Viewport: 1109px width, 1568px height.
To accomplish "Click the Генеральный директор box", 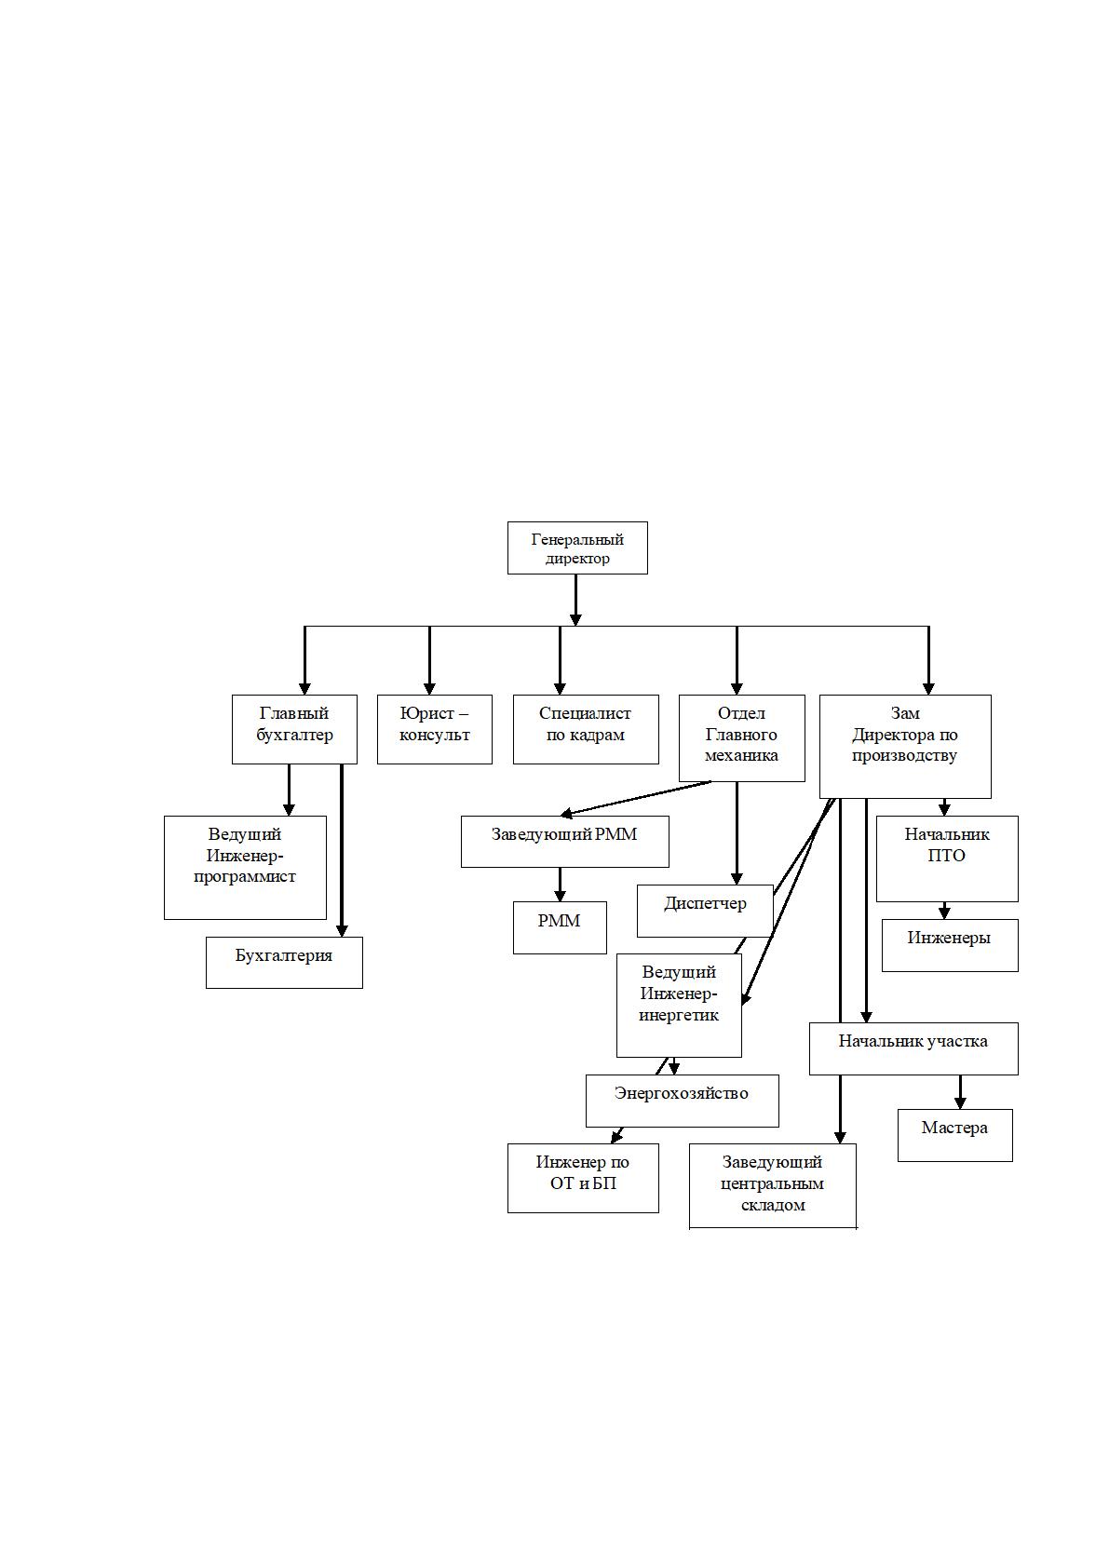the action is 577,548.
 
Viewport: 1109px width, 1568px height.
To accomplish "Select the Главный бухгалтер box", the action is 294,729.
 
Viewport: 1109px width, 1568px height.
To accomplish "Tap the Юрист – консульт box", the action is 434,729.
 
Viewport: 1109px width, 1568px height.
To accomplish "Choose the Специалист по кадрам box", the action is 586,729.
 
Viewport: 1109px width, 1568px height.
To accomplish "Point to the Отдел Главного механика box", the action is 741,737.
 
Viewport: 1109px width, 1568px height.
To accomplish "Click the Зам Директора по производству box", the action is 904,746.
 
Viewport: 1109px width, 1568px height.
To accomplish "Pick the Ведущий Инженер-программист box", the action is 245,867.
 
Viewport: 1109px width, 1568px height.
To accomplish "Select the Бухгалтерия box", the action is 284,963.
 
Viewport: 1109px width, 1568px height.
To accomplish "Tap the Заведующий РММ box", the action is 564,842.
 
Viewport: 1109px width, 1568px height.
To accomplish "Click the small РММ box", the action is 560,927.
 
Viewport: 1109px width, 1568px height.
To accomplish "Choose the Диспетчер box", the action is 704,911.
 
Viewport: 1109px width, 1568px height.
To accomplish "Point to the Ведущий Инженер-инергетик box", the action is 679,1006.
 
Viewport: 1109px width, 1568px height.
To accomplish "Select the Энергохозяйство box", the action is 682,1102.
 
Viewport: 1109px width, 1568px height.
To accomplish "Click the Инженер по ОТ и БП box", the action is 583,1178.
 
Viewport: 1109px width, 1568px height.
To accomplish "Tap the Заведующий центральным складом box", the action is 772,1186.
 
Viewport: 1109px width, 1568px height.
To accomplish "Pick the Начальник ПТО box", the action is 947,858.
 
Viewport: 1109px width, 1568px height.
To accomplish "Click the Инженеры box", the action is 950,945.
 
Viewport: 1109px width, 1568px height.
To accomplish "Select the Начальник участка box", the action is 913,1048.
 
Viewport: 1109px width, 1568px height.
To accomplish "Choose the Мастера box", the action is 955,1135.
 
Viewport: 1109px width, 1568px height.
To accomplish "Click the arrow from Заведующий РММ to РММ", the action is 560,885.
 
